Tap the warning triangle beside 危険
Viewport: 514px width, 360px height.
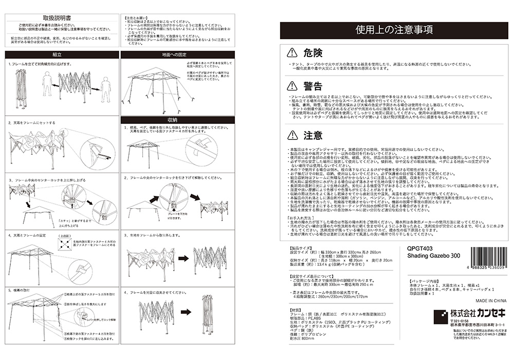[292, 52]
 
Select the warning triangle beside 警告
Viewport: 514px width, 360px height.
[292, 85]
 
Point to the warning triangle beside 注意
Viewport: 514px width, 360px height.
[292, 136]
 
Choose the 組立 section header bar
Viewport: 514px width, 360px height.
[58, 54]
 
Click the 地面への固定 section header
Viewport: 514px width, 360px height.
[177, 54]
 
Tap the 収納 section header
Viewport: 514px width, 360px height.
[177, 119]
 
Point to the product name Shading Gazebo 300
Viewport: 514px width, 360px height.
[431, 255]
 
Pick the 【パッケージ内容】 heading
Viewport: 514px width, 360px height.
[425, 282]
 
